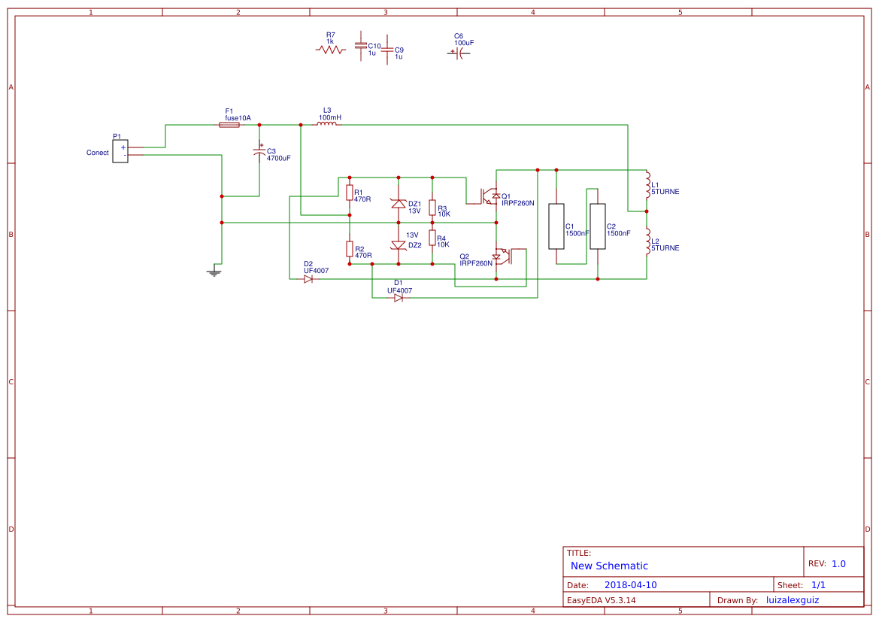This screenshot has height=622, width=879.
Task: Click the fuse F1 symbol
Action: (229, 125)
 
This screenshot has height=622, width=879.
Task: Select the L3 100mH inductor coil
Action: (326, 124)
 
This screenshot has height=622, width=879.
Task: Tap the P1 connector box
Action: (120, 151)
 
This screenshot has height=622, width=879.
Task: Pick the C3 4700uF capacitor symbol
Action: (259, 153)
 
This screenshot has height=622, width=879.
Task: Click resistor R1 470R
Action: (350, 193)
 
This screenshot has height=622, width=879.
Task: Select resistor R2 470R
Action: (350, 249)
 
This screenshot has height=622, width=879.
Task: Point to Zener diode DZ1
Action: (399, 203)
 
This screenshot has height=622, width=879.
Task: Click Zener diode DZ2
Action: (399, 245)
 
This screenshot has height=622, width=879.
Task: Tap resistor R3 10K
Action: (432, 208)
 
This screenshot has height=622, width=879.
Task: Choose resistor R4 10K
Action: (432, 238)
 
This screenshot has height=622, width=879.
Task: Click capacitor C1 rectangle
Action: (556, 226)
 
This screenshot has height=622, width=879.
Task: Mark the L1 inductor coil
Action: (647, 184)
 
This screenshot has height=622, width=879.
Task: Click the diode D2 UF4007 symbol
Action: (308, 279)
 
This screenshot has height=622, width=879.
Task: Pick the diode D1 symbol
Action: (399, 298)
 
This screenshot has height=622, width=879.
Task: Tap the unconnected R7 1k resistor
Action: (330, 50)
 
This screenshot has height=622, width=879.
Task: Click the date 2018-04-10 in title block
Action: (630, 585)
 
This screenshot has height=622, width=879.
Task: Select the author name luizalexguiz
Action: (792, 600)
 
